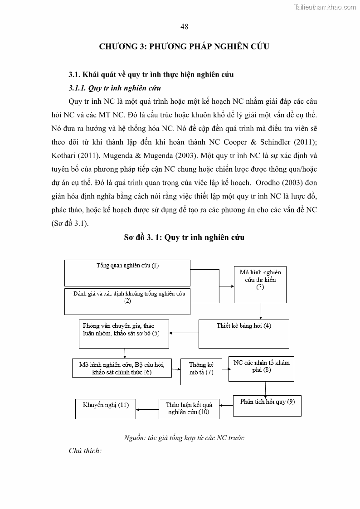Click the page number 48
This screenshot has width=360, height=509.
point(184,27)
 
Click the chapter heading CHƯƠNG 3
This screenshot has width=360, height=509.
point(184,46)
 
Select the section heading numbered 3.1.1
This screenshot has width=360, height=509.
point(114,88)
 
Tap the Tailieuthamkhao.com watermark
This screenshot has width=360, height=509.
point(325,7)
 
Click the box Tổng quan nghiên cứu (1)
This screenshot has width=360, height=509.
point(127,272)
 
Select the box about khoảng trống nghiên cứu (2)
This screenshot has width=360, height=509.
point(127,301)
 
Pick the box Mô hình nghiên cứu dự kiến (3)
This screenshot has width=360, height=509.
point(260,284)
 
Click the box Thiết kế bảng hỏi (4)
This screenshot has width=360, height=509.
point(244,333)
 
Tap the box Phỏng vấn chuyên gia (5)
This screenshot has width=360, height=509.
point(124,334)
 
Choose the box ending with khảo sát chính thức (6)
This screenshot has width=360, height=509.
point(122,368)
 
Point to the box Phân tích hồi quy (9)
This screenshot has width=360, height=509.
point(267,406)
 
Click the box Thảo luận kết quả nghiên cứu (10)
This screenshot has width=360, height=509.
point(189,408)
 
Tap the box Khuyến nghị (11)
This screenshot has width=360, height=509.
point(106,408)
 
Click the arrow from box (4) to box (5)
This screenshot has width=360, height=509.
point(184,333)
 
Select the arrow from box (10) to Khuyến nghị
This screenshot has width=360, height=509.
point(147,410)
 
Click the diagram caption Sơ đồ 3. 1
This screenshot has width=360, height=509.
point(184,238)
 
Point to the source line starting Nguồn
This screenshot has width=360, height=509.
point(184,437)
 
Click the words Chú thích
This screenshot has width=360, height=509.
point(85,451)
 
